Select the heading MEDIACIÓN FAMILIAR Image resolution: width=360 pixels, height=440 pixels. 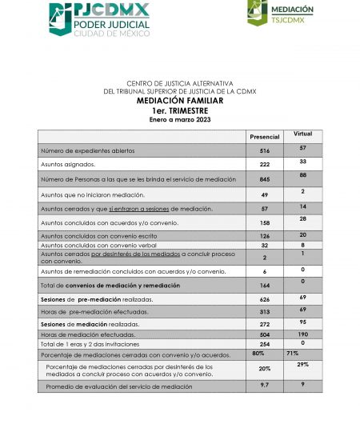point(179,102)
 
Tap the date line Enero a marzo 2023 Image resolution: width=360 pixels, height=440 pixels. point(179,118)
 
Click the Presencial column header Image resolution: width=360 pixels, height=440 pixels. point(265,137)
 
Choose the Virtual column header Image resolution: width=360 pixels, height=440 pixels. point(303,134)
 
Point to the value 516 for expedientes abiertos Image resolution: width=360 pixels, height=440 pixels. point(265,150)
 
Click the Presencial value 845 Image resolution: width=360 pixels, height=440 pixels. point(265,179)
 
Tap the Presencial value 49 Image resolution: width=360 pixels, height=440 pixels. point(265,194)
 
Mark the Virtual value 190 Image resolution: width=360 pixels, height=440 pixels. point(303,334)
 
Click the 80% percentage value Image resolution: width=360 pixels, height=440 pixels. point(258,353)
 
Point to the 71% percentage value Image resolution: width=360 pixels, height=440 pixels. point(293,353)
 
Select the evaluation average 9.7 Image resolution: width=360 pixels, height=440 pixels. point(265,385)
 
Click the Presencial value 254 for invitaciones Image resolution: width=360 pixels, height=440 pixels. point(265,343)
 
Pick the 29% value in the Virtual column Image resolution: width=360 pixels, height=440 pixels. point(303,365)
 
